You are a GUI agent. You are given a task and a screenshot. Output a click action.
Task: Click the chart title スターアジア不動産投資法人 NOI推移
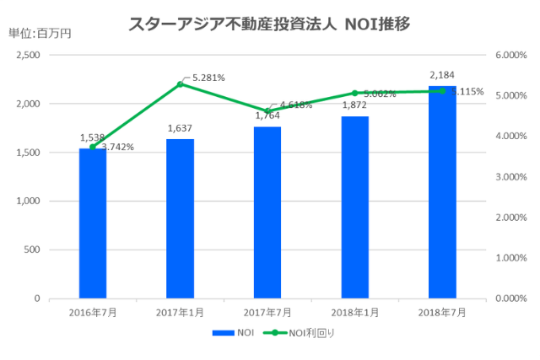269,24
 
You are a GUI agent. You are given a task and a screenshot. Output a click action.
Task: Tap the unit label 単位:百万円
40,34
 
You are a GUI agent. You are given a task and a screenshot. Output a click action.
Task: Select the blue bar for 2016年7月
93,223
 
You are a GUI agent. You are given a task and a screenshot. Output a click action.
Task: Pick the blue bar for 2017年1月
180,218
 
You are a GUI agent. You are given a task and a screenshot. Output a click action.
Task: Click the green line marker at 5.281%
180,84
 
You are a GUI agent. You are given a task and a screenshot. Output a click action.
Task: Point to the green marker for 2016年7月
93,147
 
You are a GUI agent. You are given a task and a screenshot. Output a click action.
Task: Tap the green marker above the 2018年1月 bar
355,93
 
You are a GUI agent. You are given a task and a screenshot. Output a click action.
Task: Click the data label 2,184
442,75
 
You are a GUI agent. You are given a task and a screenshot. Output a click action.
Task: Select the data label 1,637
180,129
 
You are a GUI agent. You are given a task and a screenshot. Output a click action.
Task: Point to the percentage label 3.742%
117,147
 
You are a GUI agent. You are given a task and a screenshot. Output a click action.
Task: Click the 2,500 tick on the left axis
29,55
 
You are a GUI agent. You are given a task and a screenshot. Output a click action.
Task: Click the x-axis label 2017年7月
267,312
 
